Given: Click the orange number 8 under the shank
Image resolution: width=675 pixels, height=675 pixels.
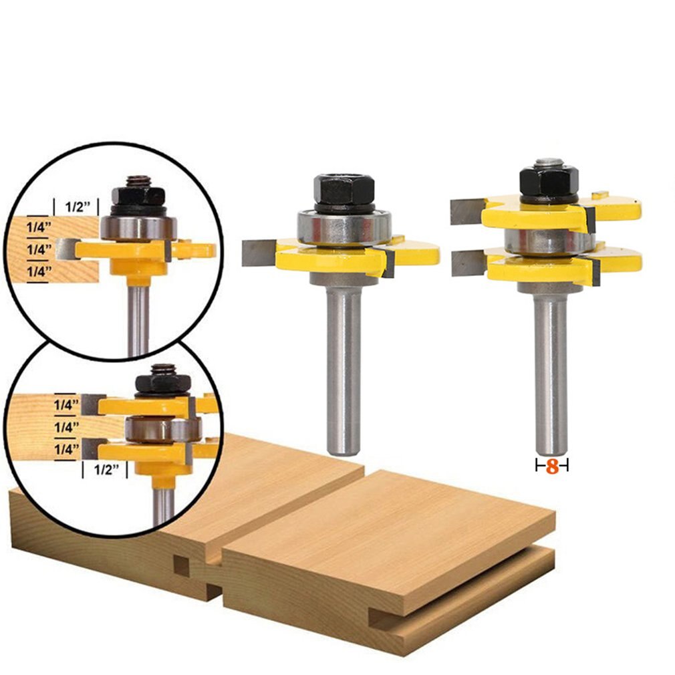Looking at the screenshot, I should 552,466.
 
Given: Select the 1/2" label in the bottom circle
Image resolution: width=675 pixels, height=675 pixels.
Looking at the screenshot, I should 104,470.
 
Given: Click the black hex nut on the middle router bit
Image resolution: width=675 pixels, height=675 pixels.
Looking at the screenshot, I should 344,190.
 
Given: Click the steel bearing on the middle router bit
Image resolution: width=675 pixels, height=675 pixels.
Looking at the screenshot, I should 344,227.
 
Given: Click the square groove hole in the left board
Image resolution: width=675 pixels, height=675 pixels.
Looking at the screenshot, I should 182,566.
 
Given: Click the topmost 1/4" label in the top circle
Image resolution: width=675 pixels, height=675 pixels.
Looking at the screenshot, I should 37,227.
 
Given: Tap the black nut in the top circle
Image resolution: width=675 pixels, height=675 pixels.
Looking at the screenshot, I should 138,194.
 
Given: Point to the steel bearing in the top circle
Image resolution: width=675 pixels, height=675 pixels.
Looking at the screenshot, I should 138,227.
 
